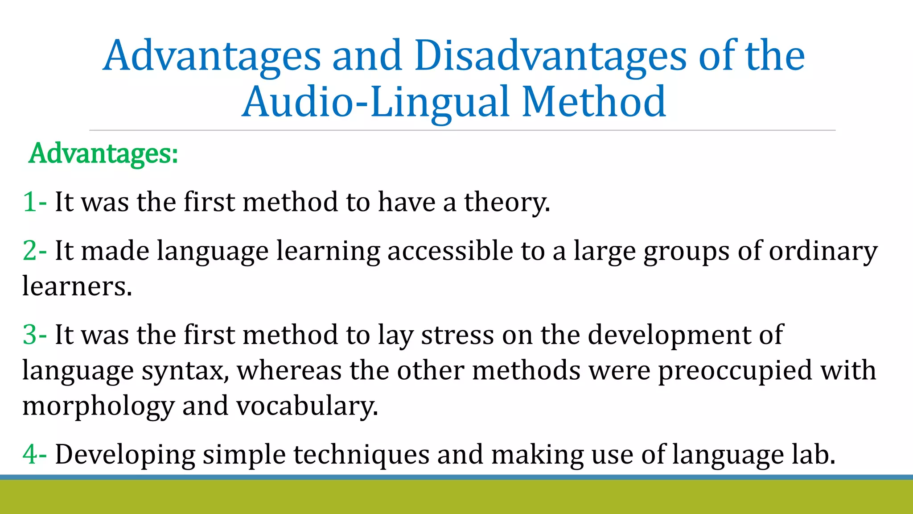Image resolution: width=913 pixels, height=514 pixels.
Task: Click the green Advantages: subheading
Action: click(103, 153)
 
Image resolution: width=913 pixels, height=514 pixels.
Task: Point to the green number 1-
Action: click(35, 202)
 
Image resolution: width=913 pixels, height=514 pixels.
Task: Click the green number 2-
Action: click(35, 251)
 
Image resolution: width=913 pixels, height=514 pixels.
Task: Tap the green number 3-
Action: click(35, 335)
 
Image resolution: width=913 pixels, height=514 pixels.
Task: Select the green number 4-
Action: click(35, 455)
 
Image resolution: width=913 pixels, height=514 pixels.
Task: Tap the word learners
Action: click(77, 286)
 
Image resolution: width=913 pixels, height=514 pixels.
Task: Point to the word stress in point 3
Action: click(457, 335)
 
